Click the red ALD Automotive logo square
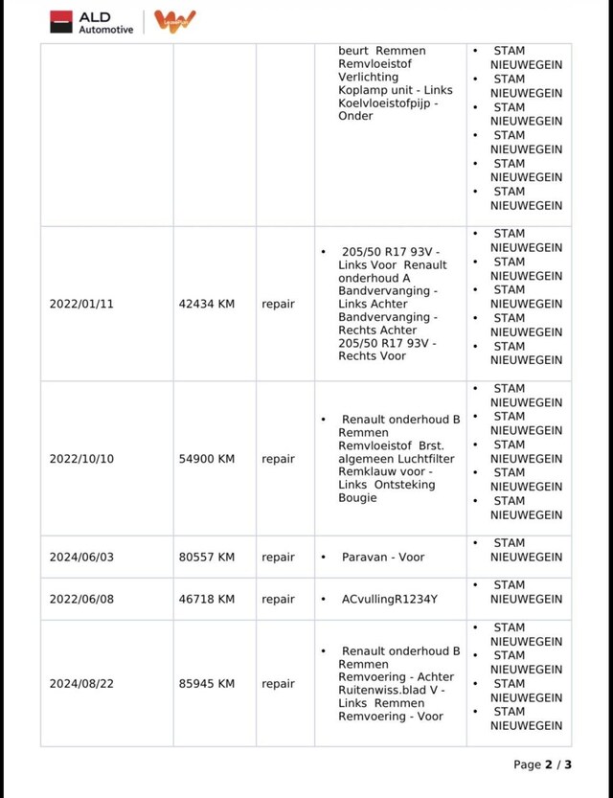(61, 21)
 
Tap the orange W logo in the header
(174, 21)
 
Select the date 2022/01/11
(81, 304)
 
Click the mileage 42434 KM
(207, 304)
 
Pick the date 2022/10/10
(81, 459)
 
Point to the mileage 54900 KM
(207, 459)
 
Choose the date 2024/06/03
(81, 557)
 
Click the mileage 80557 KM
(207, 557)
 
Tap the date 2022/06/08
(81, 599)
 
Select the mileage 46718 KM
(207, 599)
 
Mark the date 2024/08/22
(81, 684)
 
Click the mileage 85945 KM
(207, 684)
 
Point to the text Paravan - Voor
(383, 557)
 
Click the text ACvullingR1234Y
(390, 599)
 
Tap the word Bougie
(358, 498)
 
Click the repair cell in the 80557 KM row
(278, 557)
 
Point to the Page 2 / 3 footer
(542, 764)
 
